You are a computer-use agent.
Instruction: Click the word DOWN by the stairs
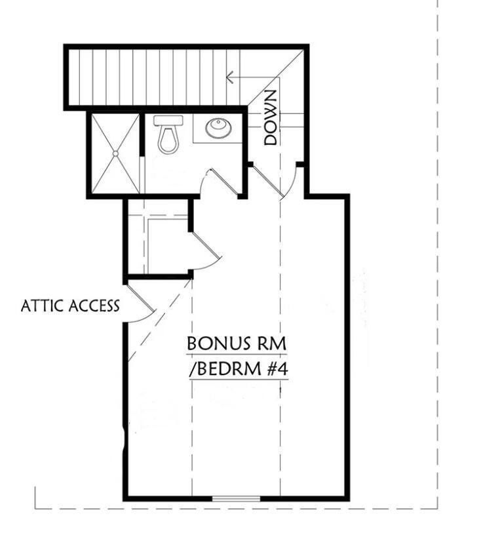[x=271, y=118]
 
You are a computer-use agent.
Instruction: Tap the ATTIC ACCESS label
[x=70, y=306]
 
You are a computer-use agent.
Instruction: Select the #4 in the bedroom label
[x=275, y=368]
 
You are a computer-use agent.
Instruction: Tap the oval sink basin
[x=218, y=128]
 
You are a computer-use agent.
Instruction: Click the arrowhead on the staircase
[x=229, y=77]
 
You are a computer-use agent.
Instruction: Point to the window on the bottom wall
[x=235, y=499]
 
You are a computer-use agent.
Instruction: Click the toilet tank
[x=168, y=121]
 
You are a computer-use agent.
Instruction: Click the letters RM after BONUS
[x=272, y=344]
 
